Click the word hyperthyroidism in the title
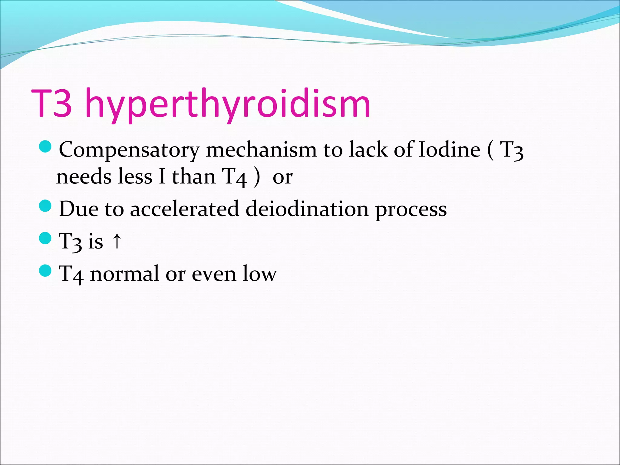pyautogui.click(x=228, y=104)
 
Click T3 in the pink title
pyautogui.click(x=52, y=103)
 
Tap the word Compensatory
pyautogui.click(x=129, y=150)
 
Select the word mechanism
pyautogui.click(x=261, y=149)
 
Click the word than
pyautogui.click(x=194, y=176)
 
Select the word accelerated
pyautogui.click(x=185, y=209)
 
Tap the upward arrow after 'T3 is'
pyautogui.click(x=117, y=241)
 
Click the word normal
pyautogui.click(x=124, y=274)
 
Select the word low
pyautogui.click(x=260, y=274)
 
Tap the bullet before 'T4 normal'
pyautogui.click(x=46, y=270)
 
